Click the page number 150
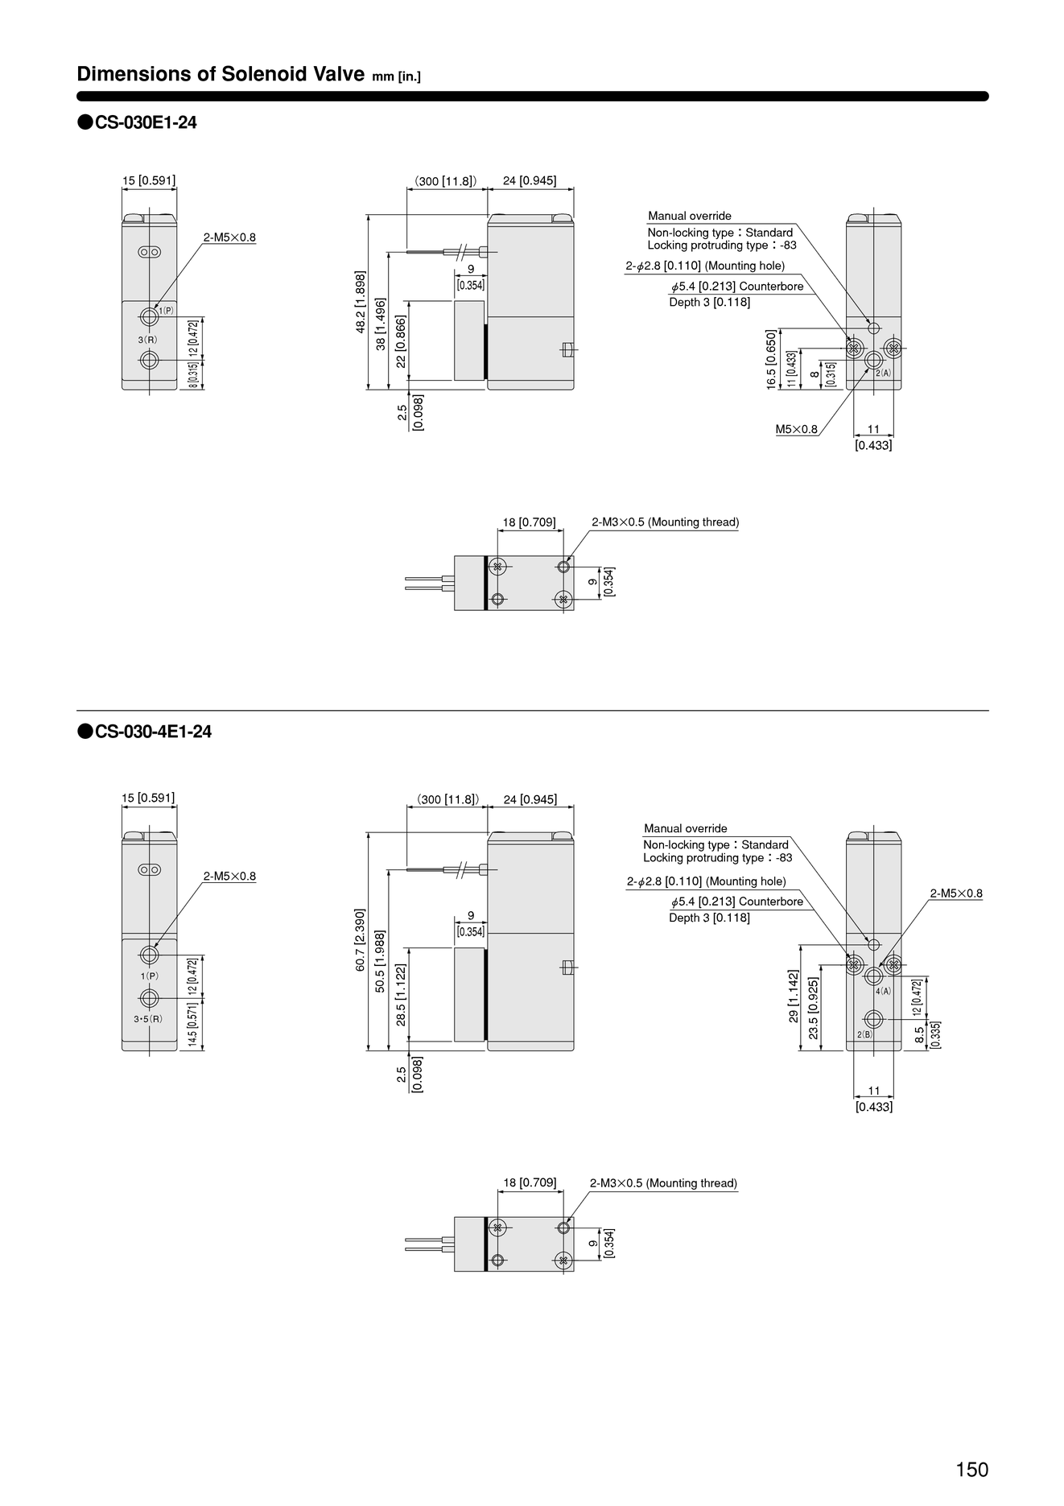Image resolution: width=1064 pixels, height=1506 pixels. [x=971, y=1469]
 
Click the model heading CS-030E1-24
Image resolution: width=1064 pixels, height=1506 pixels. [x=146, y=122]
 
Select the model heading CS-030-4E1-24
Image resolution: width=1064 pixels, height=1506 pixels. [x=153, y=732]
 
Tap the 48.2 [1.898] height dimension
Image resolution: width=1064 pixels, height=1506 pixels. [x=361, y=302]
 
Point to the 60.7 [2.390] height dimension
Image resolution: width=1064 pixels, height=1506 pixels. [x=361, y=940]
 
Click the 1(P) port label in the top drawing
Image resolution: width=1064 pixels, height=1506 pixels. [x=166, y=310]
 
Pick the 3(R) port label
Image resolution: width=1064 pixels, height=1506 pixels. [x=147, y=340]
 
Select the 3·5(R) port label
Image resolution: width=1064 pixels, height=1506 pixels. [x=148, y=1019]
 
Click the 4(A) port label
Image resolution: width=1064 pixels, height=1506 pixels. [x=884, y=991]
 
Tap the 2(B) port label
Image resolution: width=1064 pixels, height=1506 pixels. [x=864, y=1034]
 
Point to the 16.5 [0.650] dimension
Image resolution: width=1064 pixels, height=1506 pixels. [x=771, y=360]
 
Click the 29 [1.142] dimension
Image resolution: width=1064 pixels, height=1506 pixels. [x=794, y=996]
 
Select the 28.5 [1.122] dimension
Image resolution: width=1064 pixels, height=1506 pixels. [x=401, y=995]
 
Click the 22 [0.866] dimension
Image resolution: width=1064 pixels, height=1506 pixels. [x=401, y=341]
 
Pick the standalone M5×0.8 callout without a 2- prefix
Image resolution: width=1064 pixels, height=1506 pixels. [x=797, y=429]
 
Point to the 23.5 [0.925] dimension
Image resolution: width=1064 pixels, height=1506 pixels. [x=814, y=1009]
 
